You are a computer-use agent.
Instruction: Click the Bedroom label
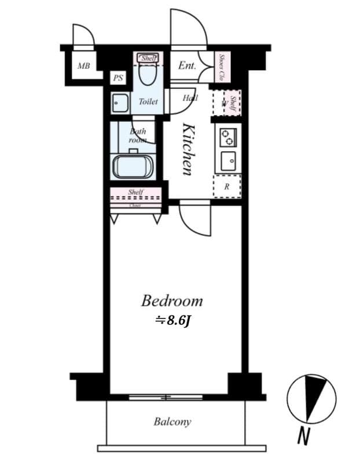(x=172, y=301)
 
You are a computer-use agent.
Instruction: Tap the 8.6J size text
(x=172, y=320)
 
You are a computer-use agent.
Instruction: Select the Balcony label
(x=172, y=421)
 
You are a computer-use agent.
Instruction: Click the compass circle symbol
(x=311, y=398)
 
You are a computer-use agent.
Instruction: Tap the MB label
(x=83, y=65)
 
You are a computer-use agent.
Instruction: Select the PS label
(x=118, y=78)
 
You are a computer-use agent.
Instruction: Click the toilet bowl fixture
(x=148, y=75)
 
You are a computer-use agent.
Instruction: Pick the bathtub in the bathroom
(x=133, y=167)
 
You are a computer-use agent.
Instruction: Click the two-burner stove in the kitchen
(x=226, y=137)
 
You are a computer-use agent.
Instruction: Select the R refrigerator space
(x=226, y=186)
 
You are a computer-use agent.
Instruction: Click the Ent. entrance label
(x=186, y=66)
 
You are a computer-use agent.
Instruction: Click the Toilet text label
(x=148, y=101)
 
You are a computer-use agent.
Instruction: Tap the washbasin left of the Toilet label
(x=120, y=102)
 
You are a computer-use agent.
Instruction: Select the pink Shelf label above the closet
(x=136, y=192)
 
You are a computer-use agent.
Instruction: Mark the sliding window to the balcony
(x=166, y=397)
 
